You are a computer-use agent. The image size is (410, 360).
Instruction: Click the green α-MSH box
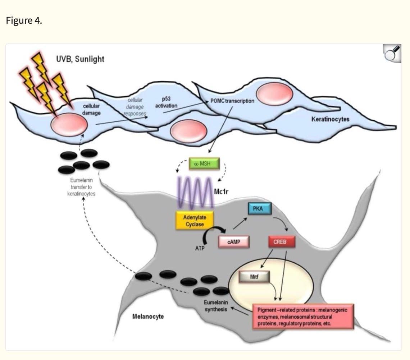click(204, 163)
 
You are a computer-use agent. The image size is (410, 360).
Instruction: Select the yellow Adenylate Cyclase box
click(195, 221)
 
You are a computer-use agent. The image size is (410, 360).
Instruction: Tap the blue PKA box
click(259, 209)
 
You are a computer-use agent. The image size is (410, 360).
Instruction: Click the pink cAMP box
click(234, 242)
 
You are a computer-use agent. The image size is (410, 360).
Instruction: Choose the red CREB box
click(282, 242)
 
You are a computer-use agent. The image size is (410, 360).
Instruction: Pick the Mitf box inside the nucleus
click(254, 277)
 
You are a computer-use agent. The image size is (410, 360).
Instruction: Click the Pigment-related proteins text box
click(303, 317)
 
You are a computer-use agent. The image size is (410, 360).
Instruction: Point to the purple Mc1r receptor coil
click(195, 193)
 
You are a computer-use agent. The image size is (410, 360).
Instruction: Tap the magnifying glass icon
click(392, 53)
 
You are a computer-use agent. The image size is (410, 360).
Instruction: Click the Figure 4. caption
click(24, 20)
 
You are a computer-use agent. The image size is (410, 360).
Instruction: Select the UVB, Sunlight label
click(80, 59)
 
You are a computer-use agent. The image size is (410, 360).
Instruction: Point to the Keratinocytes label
click(330, 119)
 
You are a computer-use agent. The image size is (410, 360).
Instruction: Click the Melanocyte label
click(148, 317)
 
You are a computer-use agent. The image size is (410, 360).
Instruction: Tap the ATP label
click(200, 248)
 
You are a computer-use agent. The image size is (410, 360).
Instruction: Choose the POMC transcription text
click(232, 101)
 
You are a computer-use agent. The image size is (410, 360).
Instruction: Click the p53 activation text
click(166, 102)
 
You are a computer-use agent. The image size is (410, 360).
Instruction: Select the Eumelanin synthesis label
click(216, 306)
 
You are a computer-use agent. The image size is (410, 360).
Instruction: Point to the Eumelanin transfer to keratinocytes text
click(81, 187)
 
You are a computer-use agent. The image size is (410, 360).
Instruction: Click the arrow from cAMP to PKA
click(240, 223)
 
